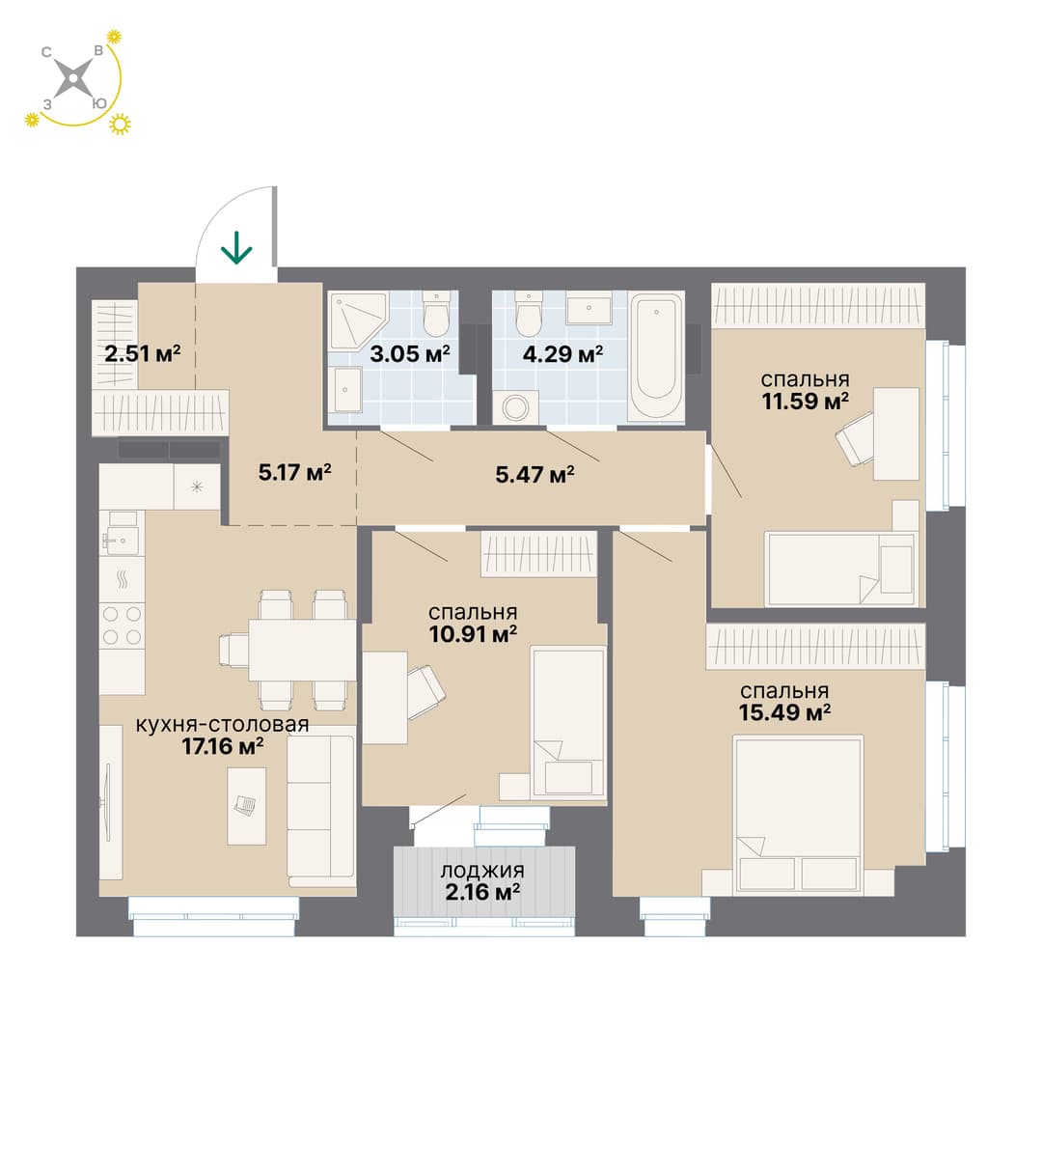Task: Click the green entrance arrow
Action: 236,248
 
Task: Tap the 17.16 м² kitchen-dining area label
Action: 223,735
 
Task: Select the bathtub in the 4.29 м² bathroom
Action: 656,356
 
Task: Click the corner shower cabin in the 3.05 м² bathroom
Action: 358,320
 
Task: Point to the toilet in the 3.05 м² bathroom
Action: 436,313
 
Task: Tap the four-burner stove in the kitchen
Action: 122,626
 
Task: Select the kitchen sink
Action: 122,533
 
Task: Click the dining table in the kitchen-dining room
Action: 302,650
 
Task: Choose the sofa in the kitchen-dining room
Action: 321,811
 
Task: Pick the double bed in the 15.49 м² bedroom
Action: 798,815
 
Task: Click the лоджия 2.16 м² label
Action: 482,881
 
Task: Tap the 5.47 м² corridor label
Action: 535,475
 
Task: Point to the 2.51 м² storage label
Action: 143,352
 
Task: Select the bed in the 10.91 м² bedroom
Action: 568,723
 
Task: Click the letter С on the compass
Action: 46,52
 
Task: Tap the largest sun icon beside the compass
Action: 120,124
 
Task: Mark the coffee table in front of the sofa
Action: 247,806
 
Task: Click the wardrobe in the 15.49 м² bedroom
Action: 815,648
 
